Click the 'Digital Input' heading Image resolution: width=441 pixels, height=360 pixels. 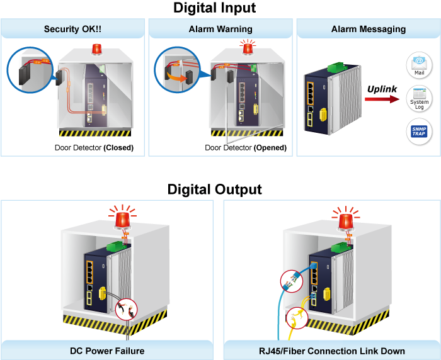tap(215, 8)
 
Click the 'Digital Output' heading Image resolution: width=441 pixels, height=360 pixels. tap(215, 189)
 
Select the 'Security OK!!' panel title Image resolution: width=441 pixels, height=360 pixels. tap(73, 29)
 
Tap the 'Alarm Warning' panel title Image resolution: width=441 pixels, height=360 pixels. tap(220, 29)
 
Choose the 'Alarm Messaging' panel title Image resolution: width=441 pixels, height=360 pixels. tap(369, 29)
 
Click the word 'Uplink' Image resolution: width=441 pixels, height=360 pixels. tap(382, 89)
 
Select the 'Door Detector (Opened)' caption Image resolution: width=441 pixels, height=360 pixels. tap(246, 149)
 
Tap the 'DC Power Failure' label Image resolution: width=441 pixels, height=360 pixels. tap(107, 351)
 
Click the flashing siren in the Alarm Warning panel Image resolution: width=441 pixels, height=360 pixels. tap(248, 48)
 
